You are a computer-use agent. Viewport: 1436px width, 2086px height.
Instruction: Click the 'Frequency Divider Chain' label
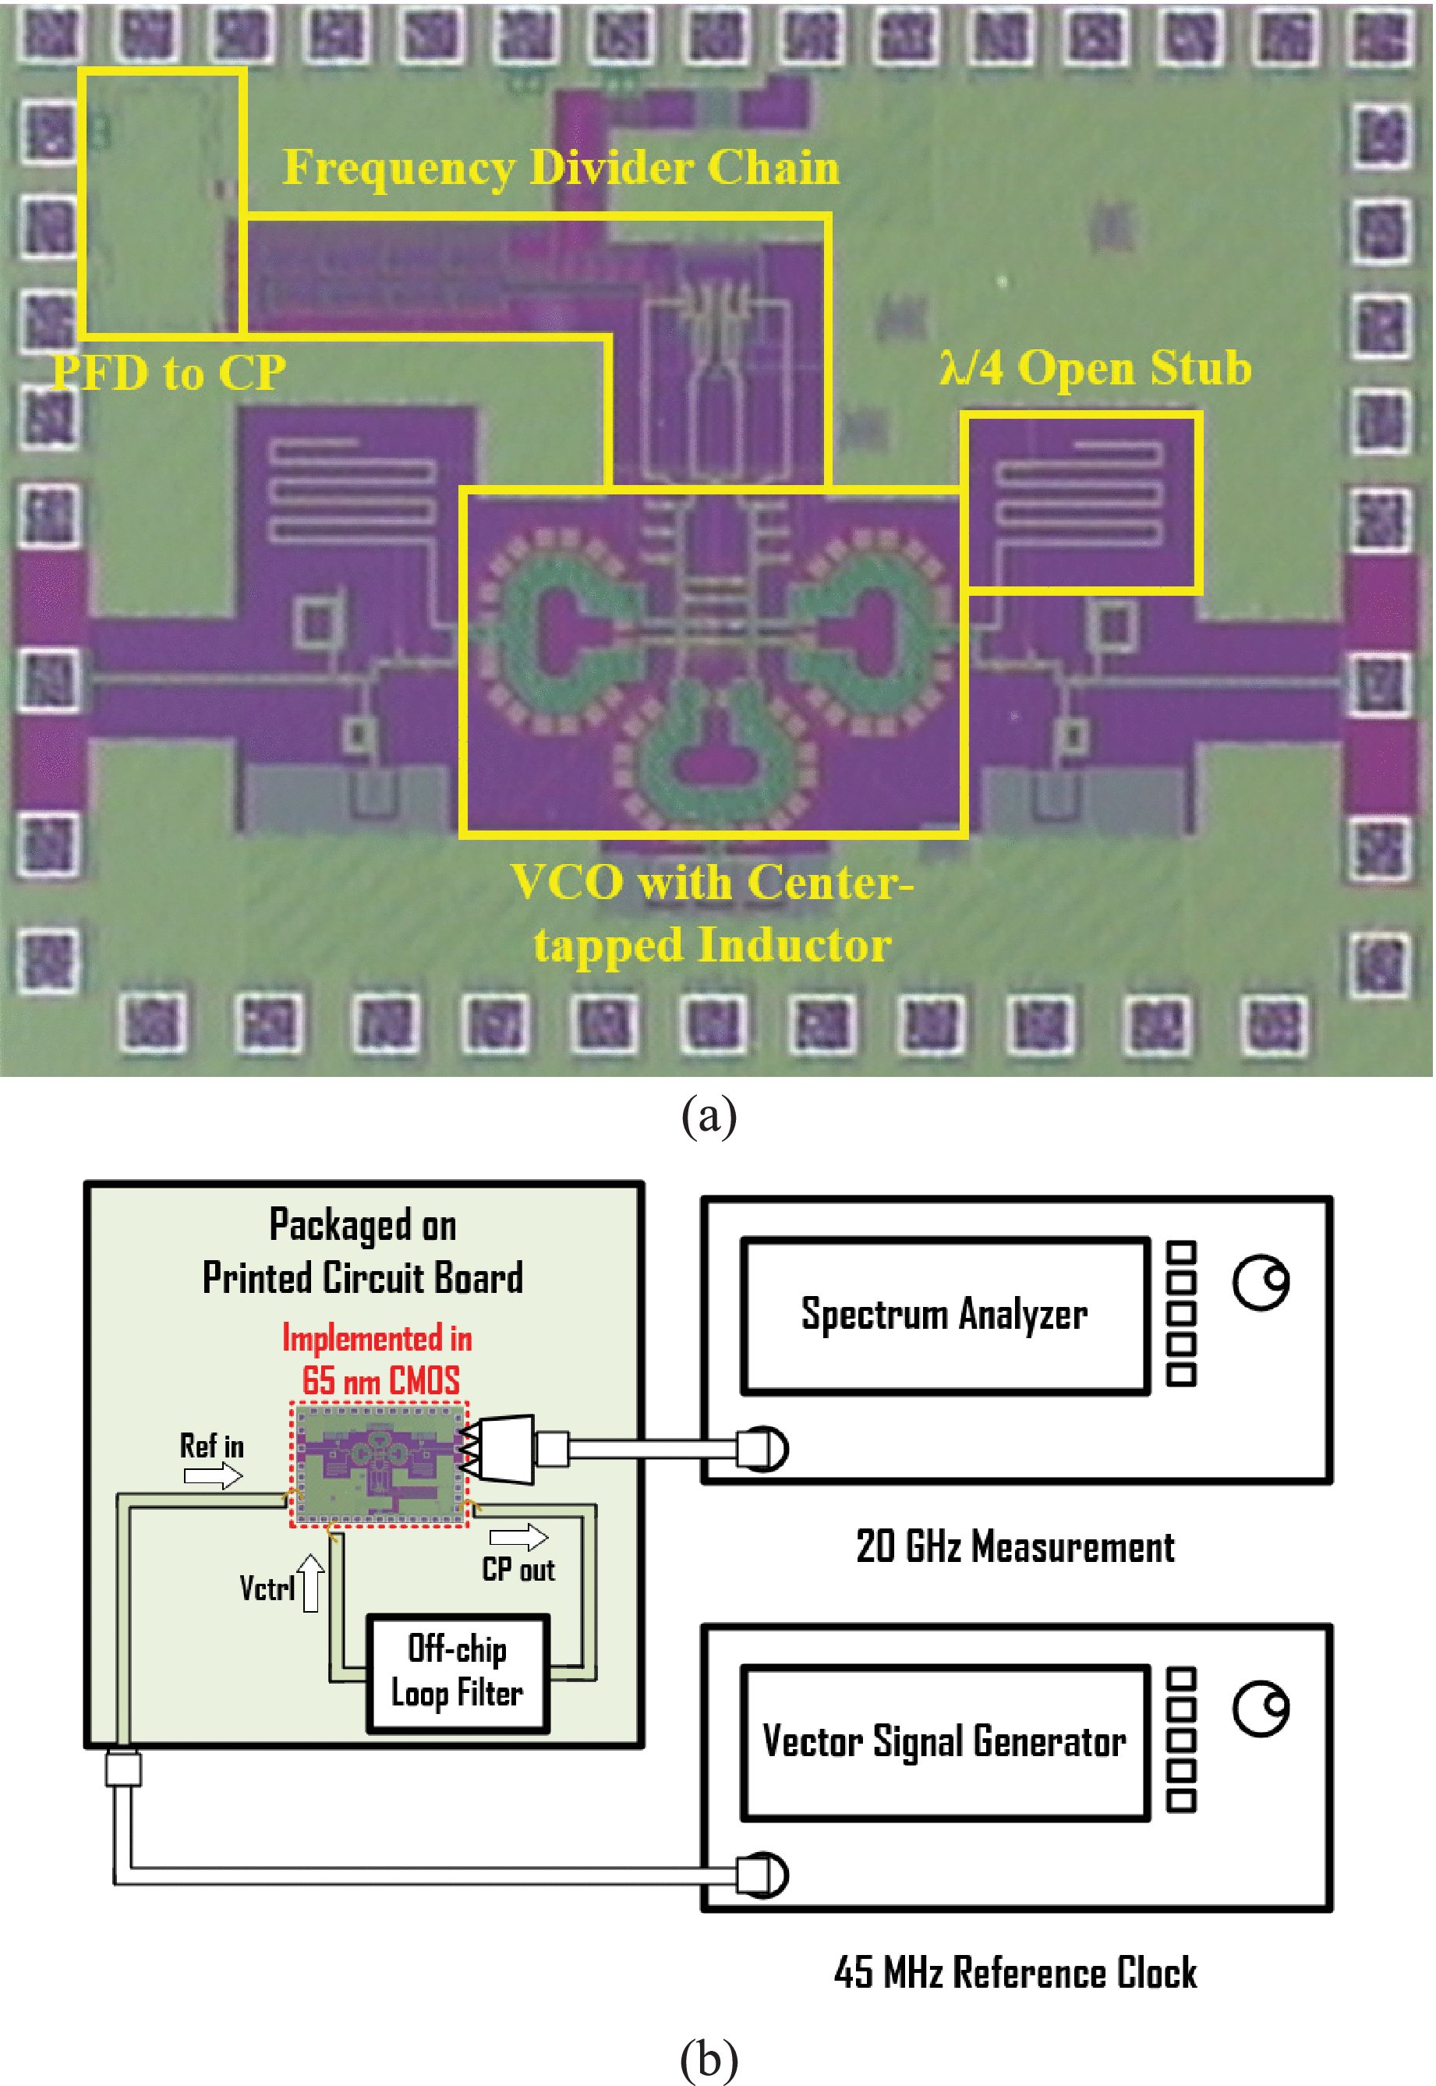(561, 168)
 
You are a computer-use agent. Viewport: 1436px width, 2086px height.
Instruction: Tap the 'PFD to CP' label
(168, 373)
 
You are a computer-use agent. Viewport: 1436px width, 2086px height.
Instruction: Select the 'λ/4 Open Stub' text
(1095, 367)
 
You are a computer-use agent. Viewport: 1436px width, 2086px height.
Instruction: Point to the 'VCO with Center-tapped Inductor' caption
(712, 912)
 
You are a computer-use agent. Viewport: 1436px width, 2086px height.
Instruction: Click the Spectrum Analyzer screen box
(945, 1315)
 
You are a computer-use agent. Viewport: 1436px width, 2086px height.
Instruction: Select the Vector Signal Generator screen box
(945, 1741)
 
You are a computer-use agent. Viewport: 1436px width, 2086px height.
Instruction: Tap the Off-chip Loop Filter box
(457, 1673)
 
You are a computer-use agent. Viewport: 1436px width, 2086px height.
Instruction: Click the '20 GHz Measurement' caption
(1015, 1547)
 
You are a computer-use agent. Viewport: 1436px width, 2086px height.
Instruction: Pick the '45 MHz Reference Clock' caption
(1015, 1973)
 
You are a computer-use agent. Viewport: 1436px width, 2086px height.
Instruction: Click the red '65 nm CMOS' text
(380, 1380)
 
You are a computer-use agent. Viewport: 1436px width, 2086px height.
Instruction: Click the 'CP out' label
(518, 1570)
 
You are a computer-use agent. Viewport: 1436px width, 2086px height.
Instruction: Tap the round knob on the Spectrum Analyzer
(1261, 1281)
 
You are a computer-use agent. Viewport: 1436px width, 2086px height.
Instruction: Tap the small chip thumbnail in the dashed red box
(379, 1462)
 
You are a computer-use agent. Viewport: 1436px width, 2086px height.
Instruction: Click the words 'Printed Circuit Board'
(363, 1278)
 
